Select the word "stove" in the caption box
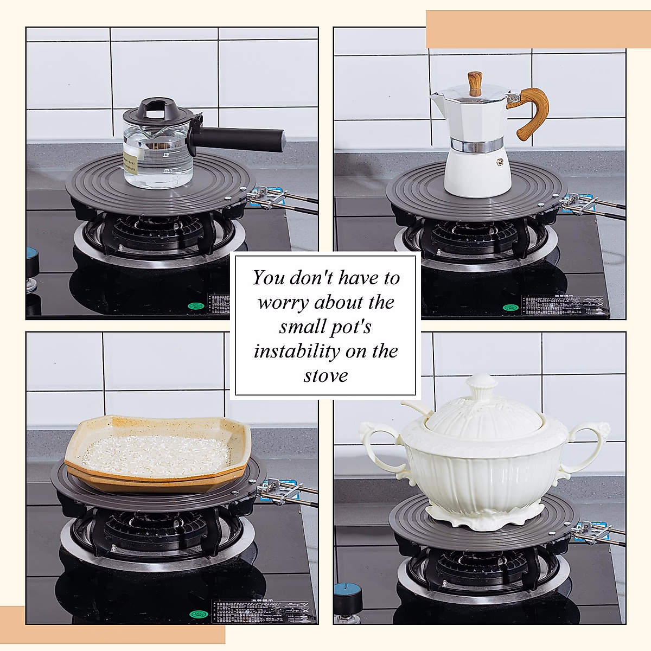coord(325,375)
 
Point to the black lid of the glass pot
coord(157,112)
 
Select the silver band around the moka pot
coord(476,145)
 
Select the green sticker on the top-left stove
coord(195,306)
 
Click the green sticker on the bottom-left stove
coord(199,614)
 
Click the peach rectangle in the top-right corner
coord(537,29)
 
